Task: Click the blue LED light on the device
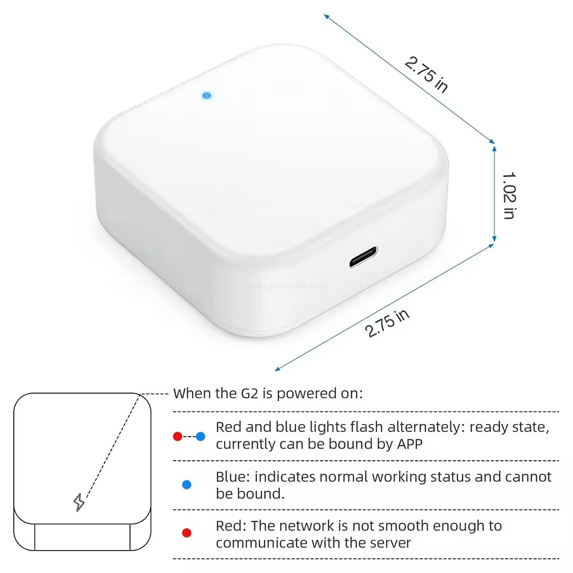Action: [206, 95]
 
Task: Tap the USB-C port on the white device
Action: [363, 257]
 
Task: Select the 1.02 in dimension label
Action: [509, 195]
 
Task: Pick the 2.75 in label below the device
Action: [388, 323]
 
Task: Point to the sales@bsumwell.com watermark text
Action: [286, 286]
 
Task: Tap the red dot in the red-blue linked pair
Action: [178, 437]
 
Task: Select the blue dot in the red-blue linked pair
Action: [200, 437]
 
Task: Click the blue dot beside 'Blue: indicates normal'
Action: [186, 485]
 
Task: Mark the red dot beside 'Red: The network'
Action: [186, 533]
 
